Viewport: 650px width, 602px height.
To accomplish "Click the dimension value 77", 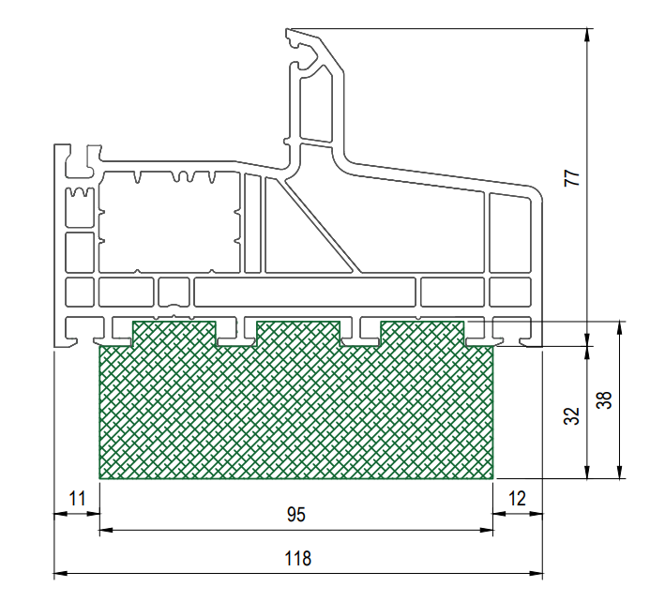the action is tap(572, 178).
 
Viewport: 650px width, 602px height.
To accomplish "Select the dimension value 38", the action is tap(604, 399).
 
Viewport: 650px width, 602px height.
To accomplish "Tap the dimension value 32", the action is tap(571, 416).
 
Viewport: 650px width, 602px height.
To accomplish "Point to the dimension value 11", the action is tap(77, 499).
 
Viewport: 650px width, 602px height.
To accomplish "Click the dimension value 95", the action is tap(296, 515).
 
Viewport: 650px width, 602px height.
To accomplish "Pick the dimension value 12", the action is tap(517, 499).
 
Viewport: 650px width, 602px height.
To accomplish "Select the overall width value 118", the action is tap(297, 559).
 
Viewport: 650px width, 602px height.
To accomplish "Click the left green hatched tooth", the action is tap(174, 334).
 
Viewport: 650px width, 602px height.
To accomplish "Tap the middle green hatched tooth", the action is tap(298, 334).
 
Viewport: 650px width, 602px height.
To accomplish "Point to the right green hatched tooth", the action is tap(422, 334).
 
